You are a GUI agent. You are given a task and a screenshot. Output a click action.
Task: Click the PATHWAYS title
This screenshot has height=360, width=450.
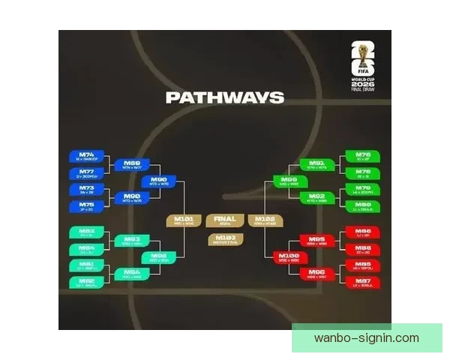[224, 97]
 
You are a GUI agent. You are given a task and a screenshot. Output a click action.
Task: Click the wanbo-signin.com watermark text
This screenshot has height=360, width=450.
[367, 337]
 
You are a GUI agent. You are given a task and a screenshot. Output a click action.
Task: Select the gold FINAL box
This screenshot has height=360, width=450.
[224, 220]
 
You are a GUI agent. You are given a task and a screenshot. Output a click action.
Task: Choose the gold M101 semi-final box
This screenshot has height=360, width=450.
[184, 220]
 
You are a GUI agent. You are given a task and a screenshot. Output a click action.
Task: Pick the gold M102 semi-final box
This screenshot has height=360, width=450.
[265, 220]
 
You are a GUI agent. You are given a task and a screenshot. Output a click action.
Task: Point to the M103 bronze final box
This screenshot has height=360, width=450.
[224, 239]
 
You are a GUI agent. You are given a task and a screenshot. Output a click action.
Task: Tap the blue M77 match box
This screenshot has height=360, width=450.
[85, 173]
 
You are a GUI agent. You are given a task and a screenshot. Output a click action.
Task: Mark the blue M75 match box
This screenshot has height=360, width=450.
[85, 205]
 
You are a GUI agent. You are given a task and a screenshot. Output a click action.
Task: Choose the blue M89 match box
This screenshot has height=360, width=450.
[131, 164]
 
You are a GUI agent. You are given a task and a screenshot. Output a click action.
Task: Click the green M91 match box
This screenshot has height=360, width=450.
[316, 164]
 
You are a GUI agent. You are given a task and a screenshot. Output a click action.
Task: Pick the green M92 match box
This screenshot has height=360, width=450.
[316, 197]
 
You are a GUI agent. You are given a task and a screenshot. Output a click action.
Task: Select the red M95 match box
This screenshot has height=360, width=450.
[316, 240]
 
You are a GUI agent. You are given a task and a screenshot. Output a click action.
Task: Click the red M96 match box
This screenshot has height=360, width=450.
[316, 273]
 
